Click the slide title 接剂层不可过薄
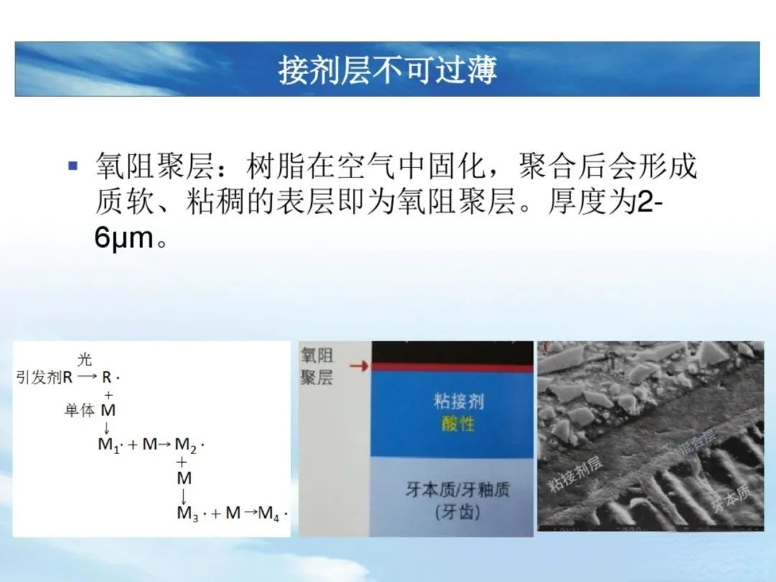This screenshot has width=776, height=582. pos(387,70)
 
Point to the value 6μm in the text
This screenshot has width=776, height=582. pos(124,239)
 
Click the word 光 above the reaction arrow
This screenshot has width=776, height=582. pos(85,361)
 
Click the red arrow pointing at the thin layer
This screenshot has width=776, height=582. pos(359,366)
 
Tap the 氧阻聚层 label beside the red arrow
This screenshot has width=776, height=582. pos(317,366)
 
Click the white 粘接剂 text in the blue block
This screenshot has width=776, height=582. pos(458,400)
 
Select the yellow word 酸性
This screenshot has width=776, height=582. pos(458,423)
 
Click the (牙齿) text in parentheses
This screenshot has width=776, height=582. pos(457,512)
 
